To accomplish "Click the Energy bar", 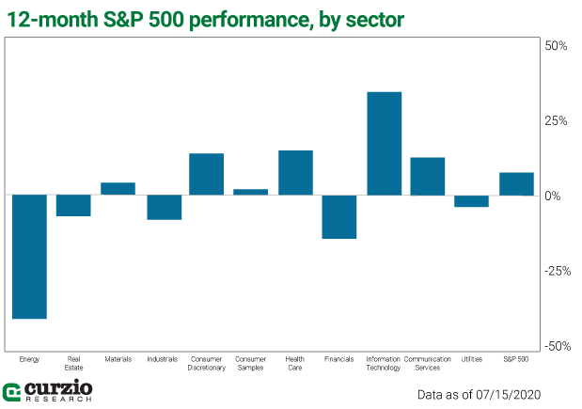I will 29,257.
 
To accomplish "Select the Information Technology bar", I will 384,143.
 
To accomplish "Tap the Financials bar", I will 339,216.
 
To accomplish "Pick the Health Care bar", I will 295,172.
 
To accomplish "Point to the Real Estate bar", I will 73,205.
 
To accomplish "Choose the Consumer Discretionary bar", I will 207,174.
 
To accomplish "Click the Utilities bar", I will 472,200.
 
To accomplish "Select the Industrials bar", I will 163,207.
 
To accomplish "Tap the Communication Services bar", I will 428,176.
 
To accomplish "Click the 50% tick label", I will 557,46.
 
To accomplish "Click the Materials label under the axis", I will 118,359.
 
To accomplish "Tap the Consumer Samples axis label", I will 251,363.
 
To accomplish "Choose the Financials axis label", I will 339,359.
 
